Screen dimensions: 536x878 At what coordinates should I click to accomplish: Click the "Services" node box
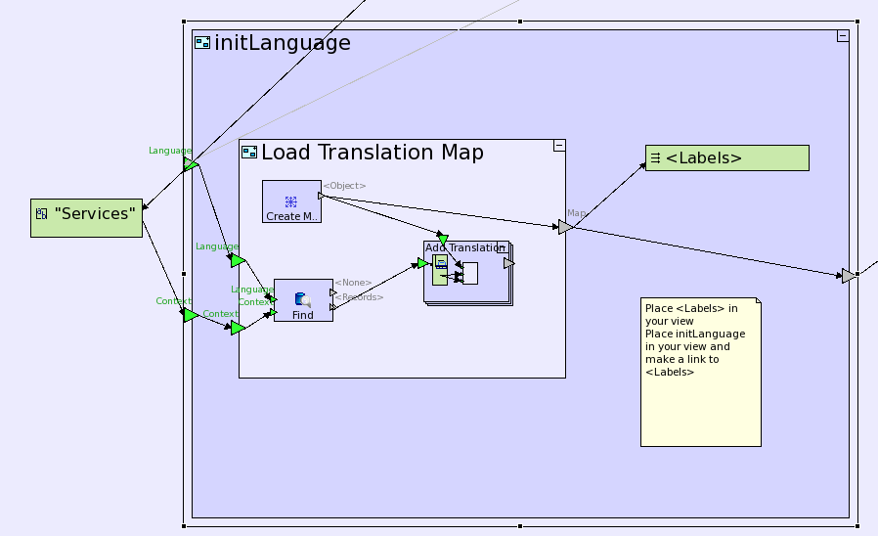pyautogui.click(x=86, y=217)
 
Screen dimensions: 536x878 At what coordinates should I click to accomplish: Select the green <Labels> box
pyautogui.click(x=726, y=157)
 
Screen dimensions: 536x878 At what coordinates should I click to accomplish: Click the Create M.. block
pyautogui.click(x=291, y=201)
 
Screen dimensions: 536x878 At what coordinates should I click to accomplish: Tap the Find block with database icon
pyautogui.click(x=303, y=300)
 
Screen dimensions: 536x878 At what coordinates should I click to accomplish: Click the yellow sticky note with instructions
pyautogui.click(x=700, y=372)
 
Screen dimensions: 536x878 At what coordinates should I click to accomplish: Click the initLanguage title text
pyautogui.click(x=282, y=43)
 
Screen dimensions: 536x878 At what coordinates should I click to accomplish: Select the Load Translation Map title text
pyautogui.click(x=372, y=153)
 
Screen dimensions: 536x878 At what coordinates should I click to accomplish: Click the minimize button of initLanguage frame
pyautogui.click(x=842, y=36)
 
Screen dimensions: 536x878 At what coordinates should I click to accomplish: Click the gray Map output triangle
pyautogui.click(x=565, y=227)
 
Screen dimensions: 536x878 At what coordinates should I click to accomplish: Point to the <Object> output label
pyautogui.click(x=344, y=186)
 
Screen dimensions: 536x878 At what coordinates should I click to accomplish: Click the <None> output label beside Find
pyautogui.click(x=353, y=284)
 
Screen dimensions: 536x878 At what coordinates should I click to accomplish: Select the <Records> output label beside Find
pyautogui.click(x=359, y=297)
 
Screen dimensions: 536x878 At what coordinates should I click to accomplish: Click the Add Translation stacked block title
pyautogui.click(x=464, y=248)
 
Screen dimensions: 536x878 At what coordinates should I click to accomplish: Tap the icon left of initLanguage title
pyautogui.click(x=202, y=43)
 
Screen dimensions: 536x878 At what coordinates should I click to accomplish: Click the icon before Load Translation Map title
pyautogui.click(x=249, y=153)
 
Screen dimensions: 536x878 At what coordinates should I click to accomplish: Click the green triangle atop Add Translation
pyautogui.click(x=443, y=239)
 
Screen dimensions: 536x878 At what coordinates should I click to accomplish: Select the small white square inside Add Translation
pyautogui.click(x=470, y=274)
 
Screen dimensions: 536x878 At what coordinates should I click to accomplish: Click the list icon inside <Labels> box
pyautogui.click(x=656, y=157)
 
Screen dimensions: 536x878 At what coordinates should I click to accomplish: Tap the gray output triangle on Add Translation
pyautogui.click(x=508, y=263)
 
